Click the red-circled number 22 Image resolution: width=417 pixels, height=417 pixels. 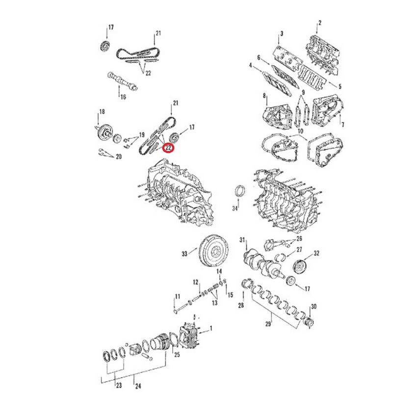click(x=168, y=147)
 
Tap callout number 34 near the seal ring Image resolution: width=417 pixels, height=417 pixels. click(x=235, y=209)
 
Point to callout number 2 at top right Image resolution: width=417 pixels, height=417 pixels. click(x=319, y=23)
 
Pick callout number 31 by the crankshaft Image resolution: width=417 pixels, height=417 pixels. click(x=242, y=239)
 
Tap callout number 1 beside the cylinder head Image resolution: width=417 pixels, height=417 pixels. click(x=211, y=328)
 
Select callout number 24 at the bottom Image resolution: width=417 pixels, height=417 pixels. click(x=138, y=386)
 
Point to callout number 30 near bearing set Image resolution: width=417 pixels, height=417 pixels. click(x=313, y=307)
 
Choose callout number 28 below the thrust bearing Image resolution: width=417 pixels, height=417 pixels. click(x=240, y=306)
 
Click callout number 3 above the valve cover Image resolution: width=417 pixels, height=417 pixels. click(x=282, y=34)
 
